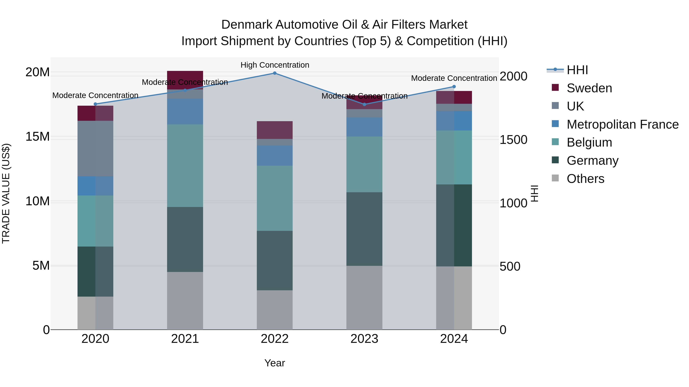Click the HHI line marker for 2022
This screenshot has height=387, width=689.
275,73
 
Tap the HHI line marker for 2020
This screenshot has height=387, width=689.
96,104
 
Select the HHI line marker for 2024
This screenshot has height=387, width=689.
454,87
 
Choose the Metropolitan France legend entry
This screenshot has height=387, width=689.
622,124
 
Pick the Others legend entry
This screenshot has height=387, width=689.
585,179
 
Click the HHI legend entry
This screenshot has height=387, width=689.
577,70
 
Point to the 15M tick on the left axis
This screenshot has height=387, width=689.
38,137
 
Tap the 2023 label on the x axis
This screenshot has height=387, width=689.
364,339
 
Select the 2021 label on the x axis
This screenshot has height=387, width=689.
185,339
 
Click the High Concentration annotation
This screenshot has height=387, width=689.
275,65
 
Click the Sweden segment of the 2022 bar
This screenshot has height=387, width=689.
275,130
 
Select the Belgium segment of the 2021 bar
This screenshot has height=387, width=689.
185,166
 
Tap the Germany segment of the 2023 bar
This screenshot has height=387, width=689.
364,229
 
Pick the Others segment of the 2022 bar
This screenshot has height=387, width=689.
275,310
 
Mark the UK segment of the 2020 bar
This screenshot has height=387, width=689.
96,148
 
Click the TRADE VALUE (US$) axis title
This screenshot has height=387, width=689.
6,193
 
